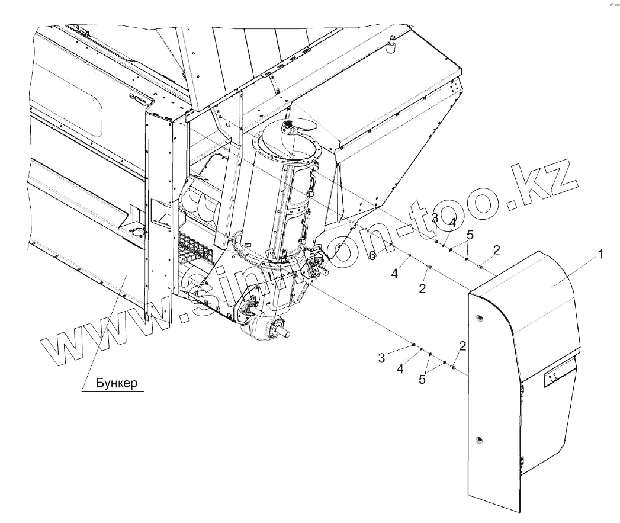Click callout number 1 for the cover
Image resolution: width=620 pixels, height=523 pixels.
coord(600,255)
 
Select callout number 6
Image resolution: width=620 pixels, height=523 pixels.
coord(372,256)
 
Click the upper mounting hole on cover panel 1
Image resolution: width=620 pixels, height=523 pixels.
coord(479,318)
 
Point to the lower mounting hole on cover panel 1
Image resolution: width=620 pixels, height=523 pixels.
coord(479,439)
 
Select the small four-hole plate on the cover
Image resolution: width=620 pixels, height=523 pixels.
coord(554,377)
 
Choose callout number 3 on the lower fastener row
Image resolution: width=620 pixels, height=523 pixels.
coord(382,357)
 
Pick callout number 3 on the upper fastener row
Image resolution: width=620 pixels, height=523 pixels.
coord(435,219)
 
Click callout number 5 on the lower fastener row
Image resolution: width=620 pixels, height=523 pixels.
coord(422,380)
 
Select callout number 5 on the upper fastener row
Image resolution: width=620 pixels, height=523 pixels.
coord(470,235)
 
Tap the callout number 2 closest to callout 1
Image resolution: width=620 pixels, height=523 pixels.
coord(497,249)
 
